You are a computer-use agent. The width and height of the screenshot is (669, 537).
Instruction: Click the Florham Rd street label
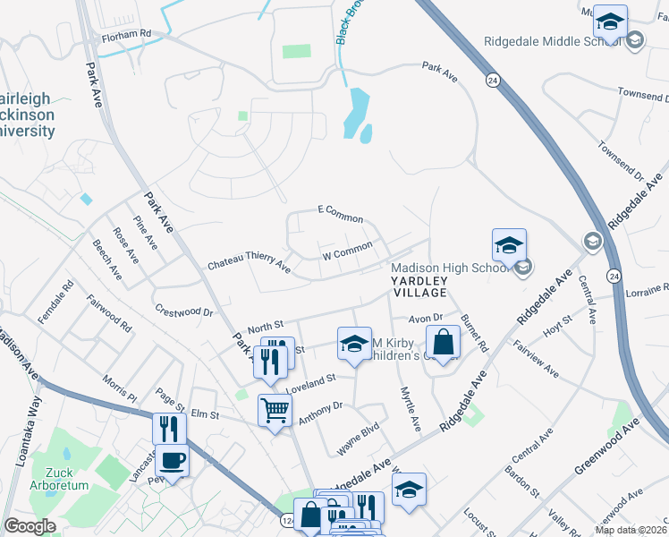tap(127, 34)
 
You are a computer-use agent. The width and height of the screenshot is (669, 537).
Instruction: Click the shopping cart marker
tap(275, 411)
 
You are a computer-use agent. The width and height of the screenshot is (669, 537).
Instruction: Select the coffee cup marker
tap(172, 461)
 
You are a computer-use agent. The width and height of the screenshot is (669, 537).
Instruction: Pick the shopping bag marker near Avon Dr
tap(443, 341)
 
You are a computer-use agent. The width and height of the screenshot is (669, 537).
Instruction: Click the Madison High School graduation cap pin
tap(508, 244)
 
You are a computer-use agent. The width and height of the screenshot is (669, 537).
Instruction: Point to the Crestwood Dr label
tap(184, 311)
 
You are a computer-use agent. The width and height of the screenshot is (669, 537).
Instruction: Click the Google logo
tap(29, 525)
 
